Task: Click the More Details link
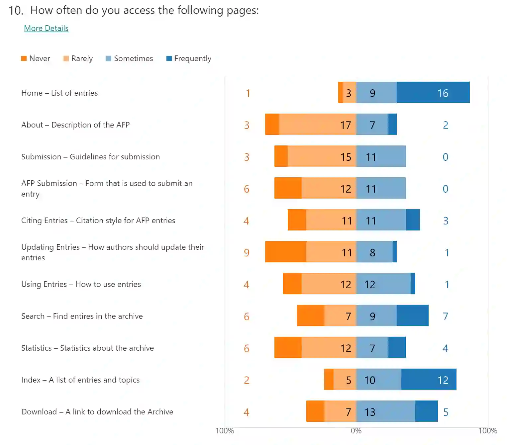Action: pyautogui.click(x=46, y=29)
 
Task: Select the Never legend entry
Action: pyautogui.click(x=36, y=59)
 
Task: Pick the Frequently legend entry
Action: pyautogui.click(x=189, y=59)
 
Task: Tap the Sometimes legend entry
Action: pyautogui.click(x=129, y=59)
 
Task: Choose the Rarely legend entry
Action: pyautogui.click(x=78, y=59)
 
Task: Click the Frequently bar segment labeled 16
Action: pyautogui.click(x=433, y=92)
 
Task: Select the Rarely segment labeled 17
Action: pyautogui.click(x=317, y=124)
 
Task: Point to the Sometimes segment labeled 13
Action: pyautogui.click(x=386, y=411)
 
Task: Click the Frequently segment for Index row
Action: pyautogui.click(x=429, y=379)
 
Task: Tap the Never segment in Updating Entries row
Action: pyautogui.click(x=286, y=252)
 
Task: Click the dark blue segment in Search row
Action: pyautogui.click(x=412, y=315)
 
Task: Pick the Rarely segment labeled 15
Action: pyautogui.click(x=322, y=156)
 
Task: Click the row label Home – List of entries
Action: pyautogui.click(x=59, y=93)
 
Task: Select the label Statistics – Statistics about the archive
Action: pyautogui.click(x=87, y=348)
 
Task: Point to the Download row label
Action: pyautogui.click(x=97, y=412)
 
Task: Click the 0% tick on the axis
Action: pyautogui.click(x=356, y=431)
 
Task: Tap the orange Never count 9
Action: pyautogui.click(x=247, y=253)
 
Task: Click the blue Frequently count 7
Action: pyautogui.click(x=446, y=316)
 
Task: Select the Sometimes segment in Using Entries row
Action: pyautogui.click(x=383, y=284)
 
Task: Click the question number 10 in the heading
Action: pyautogui.click(x=16, y=11)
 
